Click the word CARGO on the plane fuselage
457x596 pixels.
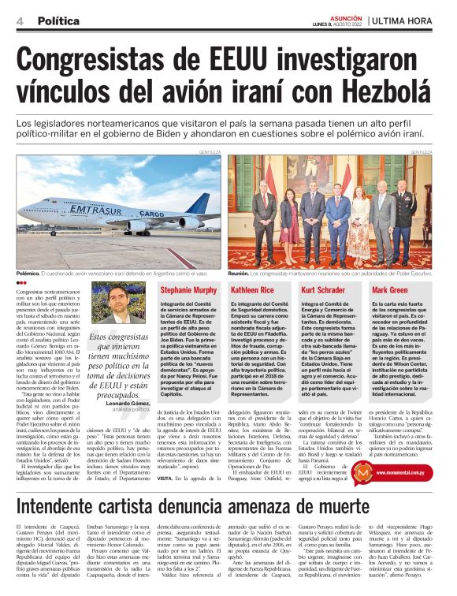(151, 214)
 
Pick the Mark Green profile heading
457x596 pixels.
(390, 291)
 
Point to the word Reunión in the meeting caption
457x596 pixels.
(240, 272)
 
